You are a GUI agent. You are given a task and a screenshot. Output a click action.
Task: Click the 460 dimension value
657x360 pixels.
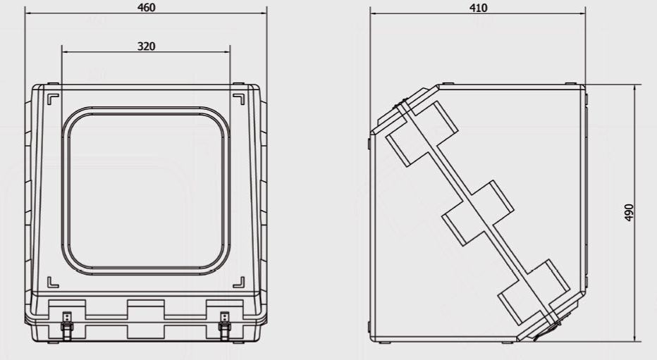pyautogui.click(x=146, y=8)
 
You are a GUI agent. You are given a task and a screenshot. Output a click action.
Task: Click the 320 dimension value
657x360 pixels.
pyautogui.click(x=146, y=46)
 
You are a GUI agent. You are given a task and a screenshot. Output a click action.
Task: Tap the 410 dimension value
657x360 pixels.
pyautogui.click(x=478, y=8)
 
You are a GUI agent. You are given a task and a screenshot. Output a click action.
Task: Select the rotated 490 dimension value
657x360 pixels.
pyautogui.click(x=629, y=213)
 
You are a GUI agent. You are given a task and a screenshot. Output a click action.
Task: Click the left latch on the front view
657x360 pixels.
pyautogui.click(x=67, y=325)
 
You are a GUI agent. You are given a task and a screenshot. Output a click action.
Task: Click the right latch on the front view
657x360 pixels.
pyautogui.click(x=225, y=325)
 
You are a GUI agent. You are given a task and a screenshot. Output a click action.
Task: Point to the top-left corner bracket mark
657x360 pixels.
pyautogui.click(x=53, y=99)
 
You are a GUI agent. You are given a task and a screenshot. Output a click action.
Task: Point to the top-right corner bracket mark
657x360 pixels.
pyautogui.click(x=239, y=99)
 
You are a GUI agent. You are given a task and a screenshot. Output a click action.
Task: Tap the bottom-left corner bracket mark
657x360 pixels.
pyautogui.click(x=53, y=283)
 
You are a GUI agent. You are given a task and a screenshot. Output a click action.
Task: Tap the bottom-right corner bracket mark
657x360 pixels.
pyautogui.click(x=239, y=283)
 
